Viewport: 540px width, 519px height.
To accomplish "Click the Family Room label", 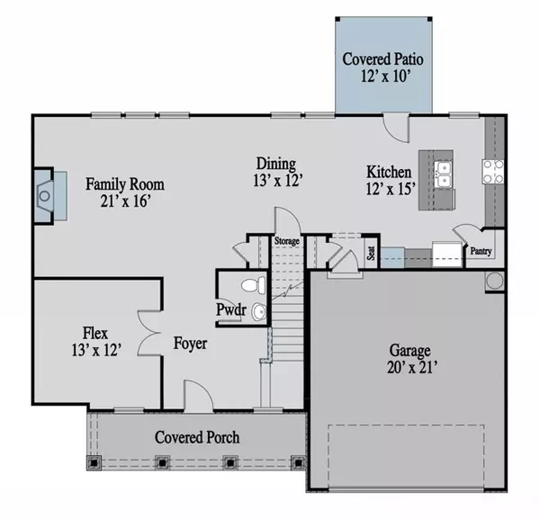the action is click(125, 184).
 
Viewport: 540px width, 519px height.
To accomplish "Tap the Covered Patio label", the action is click(382, 58).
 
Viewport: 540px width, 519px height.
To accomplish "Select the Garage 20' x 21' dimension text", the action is click(412, 368).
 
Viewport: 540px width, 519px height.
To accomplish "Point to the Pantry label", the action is click(481, 251).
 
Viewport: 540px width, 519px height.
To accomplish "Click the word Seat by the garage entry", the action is click(371, 253).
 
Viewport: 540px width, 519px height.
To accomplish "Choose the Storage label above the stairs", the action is click(286, 241).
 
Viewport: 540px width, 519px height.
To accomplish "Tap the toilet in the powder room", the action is click(254, 285).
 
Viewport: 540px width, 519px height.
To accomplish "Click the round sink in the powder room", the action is click(258, 312).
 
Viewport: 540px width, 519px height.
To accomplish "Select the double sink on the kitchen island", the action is click(443, 174).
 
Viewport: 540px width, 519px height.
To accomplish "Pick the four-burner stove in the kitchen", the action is click(492, 172).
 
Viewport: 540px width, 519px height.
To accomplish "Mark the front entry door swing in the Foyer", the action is click(199, 395).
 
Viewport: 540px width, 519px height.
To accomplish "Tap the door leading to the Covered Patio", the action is click(396, 128).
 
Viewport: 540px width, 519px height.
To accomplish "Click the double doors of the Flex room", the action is click(148, 333).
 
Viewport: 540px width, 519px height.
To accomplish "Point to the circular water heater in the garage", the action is click(495, 281).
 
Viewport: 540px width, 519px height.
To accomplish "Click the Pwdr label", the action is click(231, 309).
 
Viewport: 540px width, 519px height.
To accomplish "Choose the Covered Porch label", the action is click(197, 437).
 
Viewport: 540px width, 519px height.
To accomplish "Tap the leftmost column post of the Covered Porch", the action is click(94, 463).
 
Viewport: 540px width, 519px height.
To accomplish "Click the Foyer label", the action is click(190, 343).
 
